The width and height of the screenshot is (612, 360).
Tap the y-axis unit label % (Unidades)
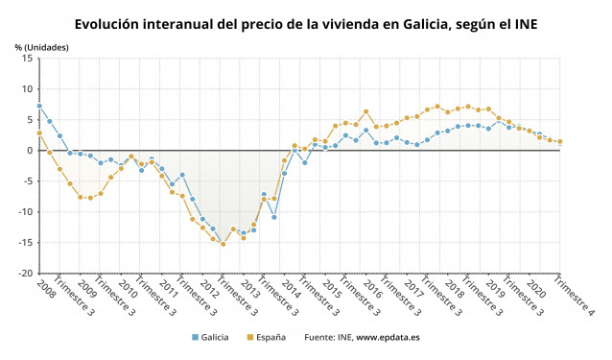[41, 47]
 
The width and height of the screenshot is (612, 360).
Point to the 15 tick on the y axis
[26, 59]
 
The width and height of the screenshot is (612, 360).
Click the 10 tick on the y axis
[26, 89]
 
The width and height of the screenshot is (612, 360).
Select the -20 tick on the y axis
[24, 274]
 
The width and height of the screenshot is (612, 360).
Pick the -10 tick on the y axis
[24, 212]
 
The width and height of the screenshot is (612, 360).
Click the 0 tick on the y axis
[29, 151]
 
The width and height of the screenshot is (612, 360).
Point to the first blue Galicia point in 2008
[39, 106]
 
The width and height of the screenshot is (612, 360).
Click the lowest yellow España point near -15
[224, 244]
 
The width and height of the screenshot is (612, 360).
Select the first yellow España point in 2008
[39, 133]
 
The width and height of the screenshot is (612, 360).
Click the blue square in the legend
[196, 337]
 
